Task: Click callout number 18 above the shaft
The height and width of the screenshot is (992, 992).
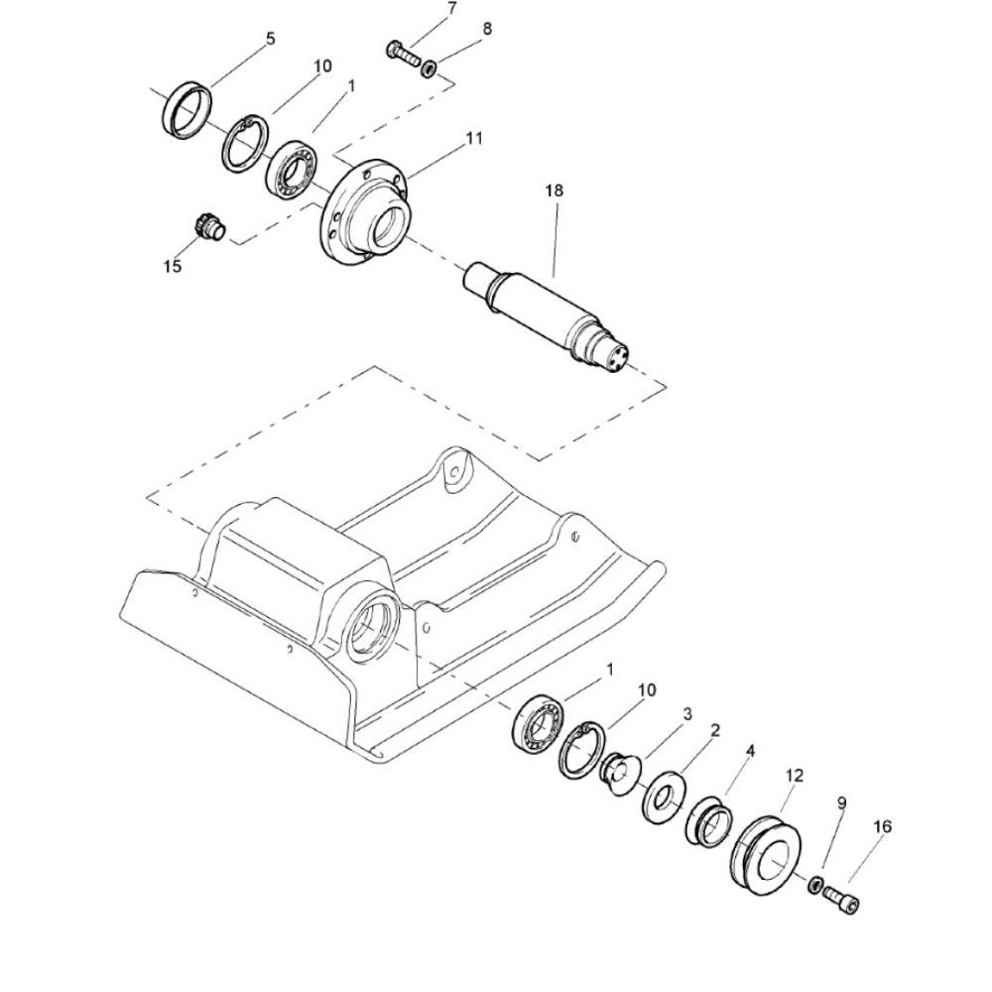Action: [x=554, y=190]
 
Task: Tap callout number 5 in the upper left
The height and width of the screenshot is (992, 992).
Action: [x=271, y=39]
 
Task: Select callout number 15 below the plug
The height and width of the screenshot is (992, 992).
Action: [x=172, y=266]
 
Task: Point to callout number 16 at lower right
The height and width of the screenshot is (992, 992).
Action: [x=883, y=826]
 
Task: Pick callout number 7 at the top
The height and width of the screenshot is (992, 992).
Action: [x=451, y=8]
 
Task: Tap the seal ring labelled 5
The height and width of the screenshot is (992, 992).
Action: [x=187, y=108]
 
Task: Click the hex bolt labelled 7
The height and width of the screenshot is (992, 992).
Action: [x=403, y=55]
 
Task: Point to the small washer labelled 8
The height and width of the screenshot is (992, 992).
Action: [x=430, y=67]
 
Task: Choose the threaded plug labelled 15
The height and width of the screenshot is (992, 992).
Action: [x=208, y=228]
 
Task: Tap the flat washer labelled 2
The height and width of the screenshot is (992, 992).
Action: [x=663, y=798]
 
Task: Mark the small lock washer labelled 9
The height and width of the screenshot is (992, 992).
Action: [x=815, y=885]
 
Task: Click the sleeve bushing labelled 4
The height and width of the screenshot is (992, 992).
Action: [x=709, y=821]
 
